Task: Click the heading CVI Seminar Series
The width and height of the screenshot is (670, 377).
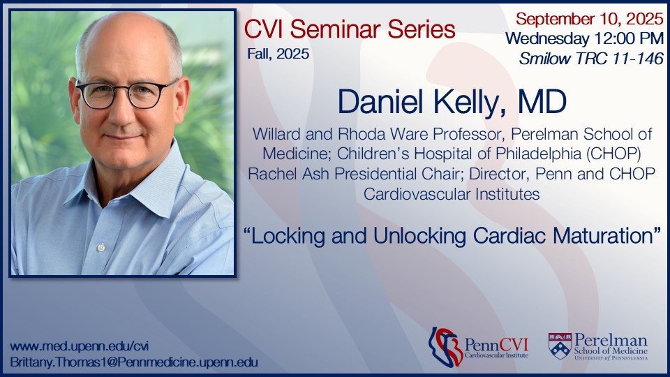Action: tap(350, 29)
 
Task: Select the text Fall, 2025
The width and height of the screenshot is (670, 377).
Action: tap(277, 53)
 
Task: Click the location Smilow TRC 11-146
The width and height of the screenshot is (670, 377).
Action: tap(590, 59)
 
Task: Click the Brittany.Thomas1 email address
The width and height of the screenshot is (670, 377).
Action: tap(135, 362)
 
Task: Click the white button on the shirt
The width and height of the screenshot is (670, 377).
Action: tap(101, 247)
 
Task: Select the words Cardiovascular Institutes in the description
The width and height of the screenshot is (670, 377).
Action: tap(452, 194)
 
